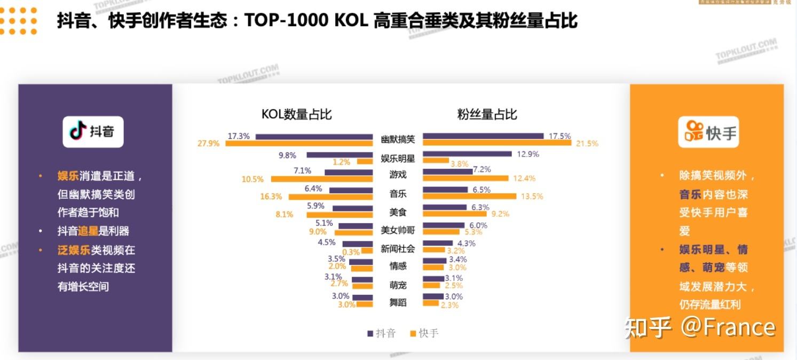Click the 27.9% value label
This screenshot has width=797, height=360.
(x=208, y=144)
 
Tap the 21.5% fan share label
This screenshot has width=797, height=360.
(x=587, y=144)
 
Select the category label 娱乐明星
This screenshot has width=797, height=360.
(x=398, y=159)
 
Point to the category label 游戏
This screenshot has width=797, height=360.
(x=398, y=175)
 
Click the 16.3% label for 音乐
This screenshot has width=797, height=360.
(x=271, y=197)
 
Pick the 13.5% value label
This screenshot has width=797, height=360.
(x=532, y=197)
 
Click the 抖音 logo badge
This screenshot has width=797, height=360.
(x=93, y=131)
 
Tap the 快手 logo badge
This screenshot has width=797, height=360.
(x=708, y=132)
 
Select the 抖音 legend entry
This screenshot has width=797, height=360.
(x=382, y=334)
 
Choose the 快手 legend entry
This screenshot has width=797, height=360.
(x=424, y=334)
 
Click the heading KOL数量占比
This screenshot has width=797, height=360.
(x=296, y=114)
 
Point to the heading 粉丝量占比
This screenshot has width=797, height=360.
(x=487, y=114)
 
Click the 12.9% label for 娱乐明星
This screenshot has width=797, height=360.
(x=528, y=154)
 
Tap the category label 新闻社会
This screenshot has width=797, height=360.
(x=398, y=249)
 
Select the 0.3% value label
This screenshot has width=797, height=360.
(x=351, y=252)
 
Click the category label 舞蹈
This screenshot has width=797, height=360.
(x=398, y=303)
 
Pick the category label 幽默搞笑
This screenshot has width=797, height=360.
(x=398, y=139)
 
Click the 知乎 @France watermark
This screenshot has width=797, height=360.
(x=700, y=327)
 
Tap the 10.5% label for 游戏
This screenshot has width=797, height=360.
(x=252, y=179)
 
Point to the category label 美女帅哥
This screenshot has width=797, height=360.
(x=398, y=230)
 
